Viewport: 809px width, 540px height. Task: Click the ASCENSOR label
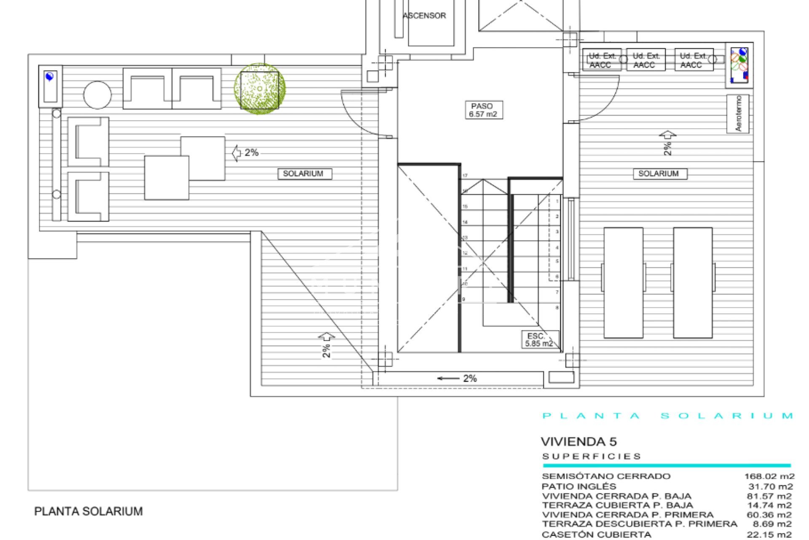(x=424, y=16)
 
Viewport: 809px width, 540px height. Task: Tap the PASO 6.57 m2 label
(x=483, y=110)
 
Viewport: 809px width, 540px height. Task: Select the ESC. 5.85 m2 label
(x=538, y=340)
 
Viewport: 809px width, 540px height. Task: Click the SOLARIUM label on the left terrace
(x=304, y=173)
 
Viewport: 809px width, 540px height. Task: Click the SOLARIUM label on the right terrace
(x=659, y=173)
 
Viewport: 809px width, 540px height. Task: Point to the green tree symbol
(x=260, y=89)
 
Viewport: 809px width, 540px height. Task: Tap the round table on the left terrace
(x=98, y=95)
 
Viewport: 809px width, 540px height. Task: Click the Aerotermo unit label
(x=738, y=114)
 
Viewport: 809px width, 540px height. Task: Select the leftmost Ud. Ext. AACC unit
(x=602, y=60)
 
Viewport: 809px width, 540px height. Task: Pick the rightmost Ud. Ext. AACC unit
(x=694, y=60)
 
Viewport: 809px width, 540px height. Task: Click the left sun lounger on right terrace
(x=623, y=283)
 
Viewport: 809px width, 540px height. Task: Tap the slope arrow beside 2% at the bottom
(x=448, y=378)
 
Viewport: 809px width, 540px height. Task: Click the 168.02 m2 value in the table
(x=769, y=476)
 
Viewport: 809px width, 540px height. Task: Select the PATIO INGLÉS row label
(x=579, y=486)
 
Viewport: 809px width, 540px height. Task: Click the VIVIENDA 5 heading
(x=579, y=442)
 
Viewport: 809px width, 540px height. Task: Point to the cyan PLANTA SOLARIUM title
(x=668, y=416)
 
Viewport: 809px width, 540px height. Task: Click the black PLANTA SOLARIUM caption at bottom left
(x=88, y=511)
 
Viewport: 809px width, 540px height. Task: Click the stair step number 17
(x=465, y=175)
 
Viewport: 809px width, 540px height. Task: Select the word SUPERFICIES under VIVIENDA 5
(x=592, y=456)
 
